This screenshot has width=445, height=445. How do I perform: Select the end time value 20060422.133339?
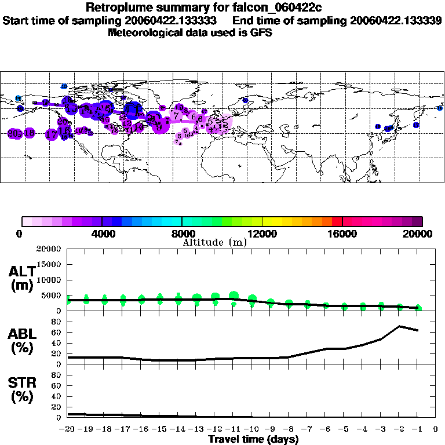[x=396, y=20]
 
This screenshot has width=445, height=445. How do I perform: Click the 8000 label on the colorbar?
[x=182, y=234]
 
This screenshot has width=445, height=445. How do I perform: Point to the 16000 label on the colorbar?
[x=342, y=234]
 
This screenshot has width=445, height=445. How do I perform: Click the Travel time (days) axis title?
[x=253, y=440]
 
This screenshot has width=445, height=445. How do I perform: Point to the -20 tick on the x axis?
[x=67, y=429]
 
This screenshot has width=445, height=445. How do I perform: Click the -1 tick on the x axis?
[x=417, y=429]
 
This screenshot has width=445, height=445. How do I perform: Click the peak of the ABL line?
[x=399, y=326]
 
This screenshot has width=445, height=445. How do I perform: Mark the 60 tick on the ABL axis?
[x=57, y=333]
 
